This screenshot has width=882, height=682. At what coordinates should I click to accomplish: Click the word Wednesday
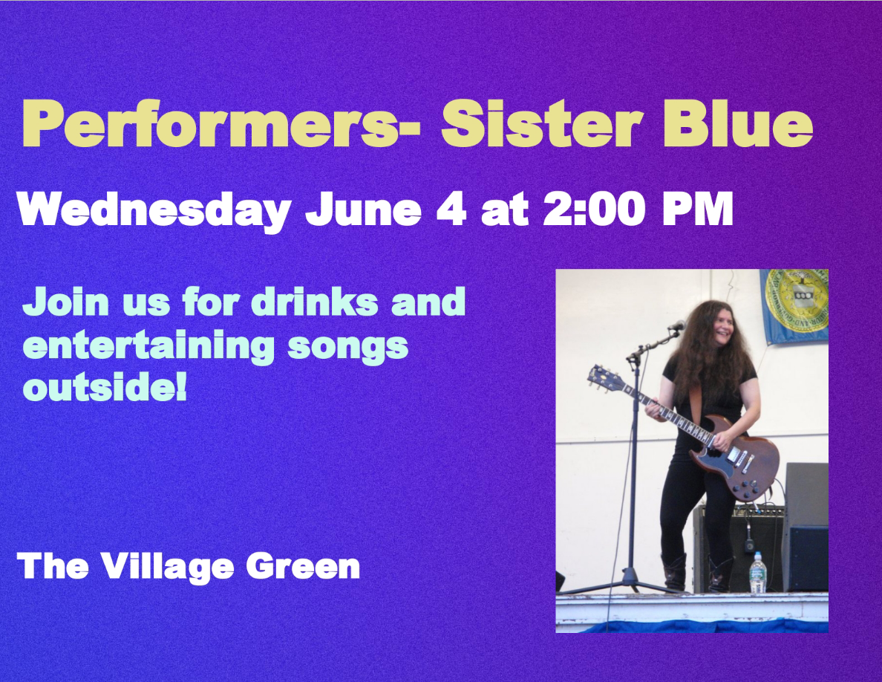[x=154, y=210]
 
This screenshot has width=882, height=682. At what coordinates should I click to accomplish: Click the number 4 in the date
[x=451, y=210]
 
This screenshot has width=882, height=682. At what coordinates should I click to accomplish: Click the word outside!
[x=105, y=387]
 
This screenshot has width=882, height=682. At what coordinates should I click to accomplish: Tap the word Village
[x=167, y=567]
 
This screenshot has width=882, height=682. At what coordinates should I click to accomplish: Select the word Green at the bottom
[x=303, y=567]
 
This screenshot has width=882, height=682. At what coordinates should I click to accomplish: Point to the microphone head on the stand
[x=676, y=326]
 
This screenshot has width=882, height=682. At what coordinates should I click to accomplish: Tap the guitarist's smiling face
[x=723, y=326]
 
